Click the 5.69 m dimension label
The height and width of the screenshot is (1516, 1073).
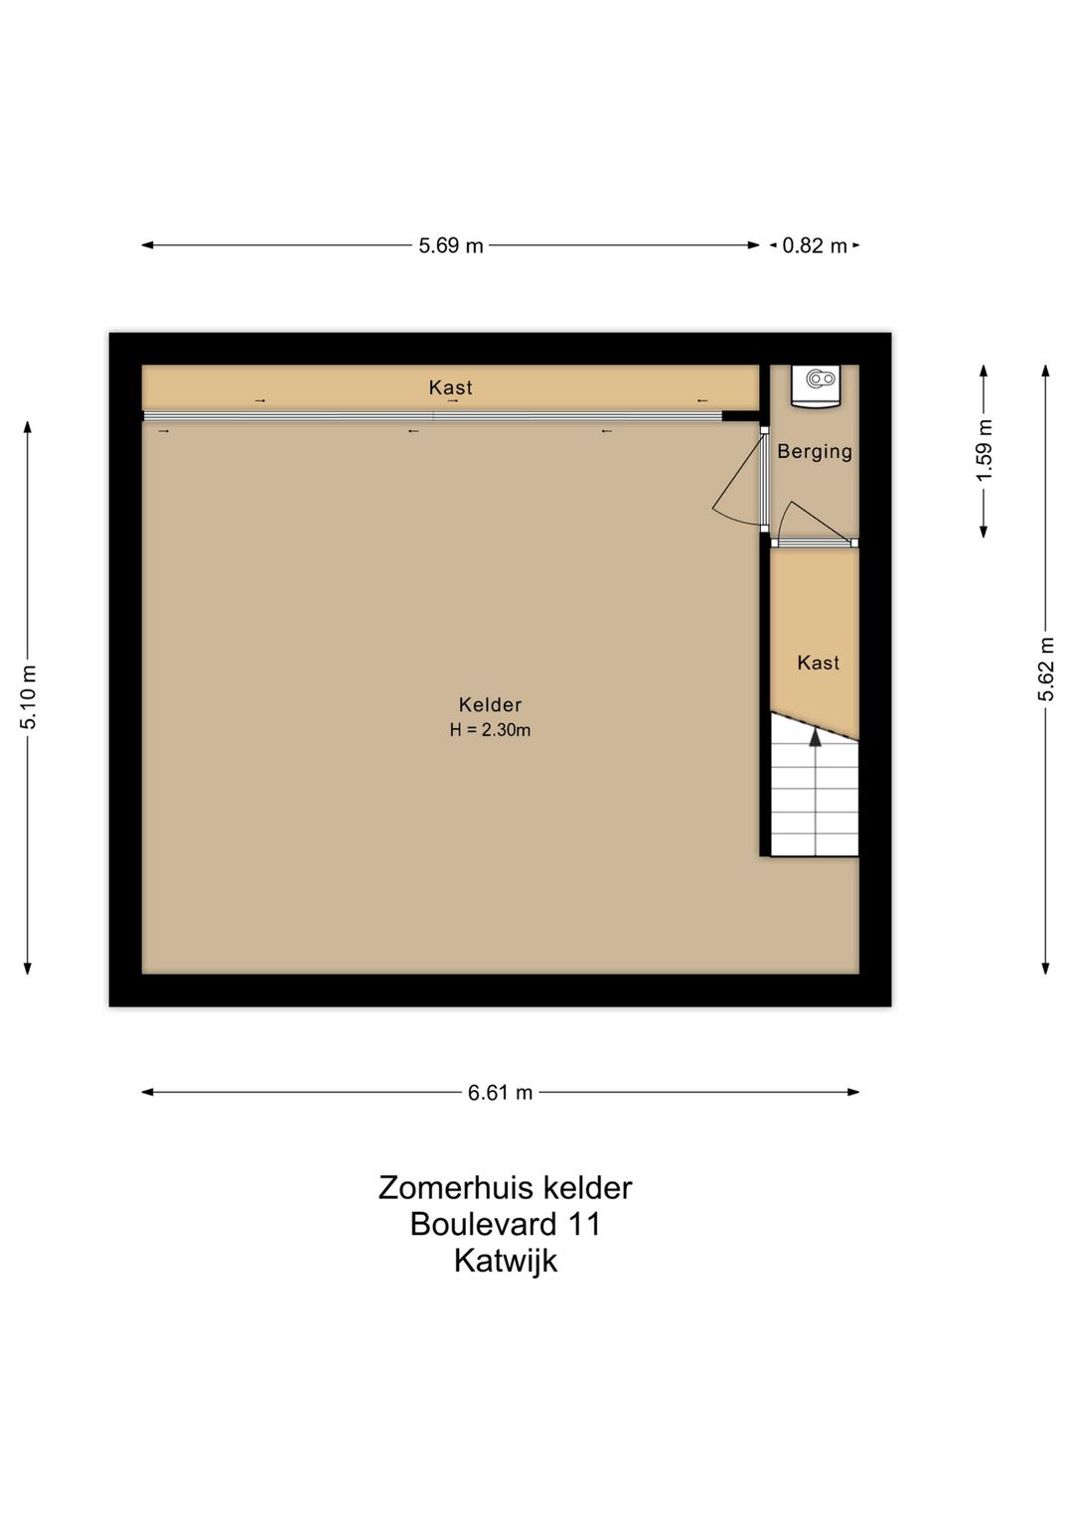[450, 245]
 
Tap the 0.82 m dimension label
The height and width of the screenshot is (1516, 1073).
[814, 245]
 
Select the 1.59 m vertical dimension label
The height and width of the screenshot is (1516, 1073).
[984, 450]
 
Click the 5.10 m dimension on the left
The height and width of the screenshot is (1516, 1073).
[28, 696]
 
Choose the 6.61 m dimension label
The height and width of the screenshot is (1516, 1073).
[500, 1093]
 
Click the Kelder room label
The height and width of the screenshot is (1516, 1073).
[490, 704]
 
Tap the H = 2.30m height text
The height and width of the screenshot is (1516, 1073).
[490, 730]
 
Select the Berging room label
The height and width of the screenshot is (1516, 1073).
[815, 451]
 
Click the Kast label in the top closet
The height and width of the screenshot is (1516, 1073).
[450, 387]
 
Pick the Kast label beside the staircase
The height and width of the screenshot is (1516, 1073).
[818, 663]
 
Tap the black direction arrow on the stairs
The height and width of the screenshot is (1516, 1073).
[816, 737]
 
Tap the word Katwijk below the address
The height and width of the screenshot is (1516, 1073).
[505, 1261]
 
